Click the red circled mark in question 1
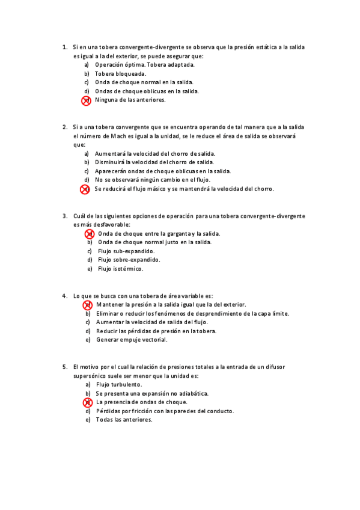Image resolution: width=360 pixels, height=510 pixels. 86,100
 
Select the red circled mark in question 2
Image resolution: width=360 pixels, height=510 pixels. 85,189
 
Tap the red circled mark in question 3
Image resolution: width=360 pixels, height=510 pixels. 88,234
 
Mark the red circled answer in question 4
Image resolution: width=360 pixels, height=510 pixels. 87,306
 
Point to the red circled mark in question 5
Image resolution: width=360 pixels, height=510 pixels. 87,402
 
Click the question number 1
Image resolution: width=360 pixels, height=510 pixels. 64,47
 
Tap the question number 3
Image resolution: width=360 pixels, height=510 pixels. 64,216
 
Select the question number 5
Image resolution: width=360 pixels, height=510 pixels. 64,366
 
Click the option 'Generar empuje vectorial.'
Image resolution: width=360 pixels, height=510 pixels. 132,340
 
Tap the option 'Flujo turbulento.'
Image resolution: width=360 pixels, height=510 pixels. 119,384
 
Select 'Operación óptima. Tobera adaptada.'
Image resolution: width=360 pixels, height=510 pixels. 144,64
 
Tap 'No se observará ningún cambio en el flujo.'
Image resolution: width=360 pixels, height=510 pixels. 153,180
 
